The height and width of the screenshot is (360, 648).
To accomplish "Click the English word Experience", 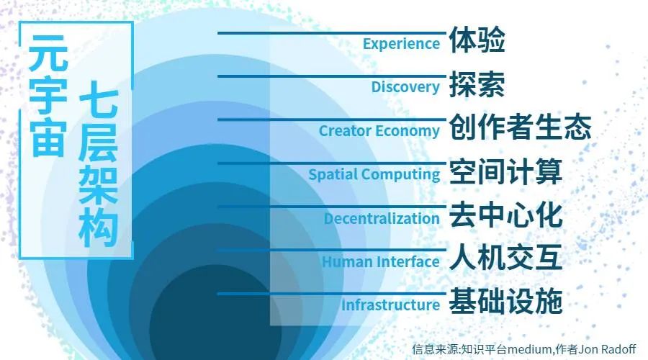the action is (401, 44).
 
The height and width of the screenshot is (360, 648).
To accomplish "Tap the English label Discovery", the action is (405, 87).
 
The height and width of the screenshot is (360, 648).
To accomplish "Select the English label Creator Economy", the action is (379, 131).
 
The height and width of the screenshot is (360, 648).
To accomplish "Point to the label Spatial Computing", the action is (374, 174).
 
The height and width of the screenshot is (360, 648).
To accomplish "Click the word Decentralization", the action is (382, 219).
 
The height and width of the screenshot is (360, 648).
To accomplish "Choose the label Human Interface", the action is (381, 261).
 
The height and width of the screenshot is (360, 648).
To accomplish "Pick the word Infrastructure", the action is (390, 305).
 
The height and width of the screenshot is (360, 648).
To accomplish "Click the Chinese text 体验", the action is (477, 40).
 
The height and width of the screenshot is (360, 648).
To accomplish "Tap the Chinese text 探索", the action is (477, 84).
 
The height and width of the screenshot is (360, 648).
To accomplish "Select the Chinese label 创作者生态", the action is (520, 127).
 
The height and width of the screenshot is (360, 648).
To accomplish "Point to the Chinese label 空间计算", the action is (505, 171).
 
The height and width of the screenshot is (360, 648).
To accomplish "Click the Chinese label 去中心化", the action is (505, 215).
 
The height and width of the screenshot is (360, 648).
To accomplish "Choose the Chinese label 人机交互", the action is (505, 258).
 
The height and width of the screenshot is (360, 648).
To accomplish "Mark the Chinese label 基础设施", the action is (505, 301).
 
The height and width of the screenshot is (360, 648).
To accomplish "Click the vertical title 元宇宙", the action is (48, 95).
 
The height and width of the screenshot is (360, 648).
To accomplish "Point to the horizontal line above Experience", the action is (332, 33).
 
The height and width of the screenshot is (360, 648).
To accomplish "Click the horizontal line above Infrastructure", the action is (332, 294).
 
